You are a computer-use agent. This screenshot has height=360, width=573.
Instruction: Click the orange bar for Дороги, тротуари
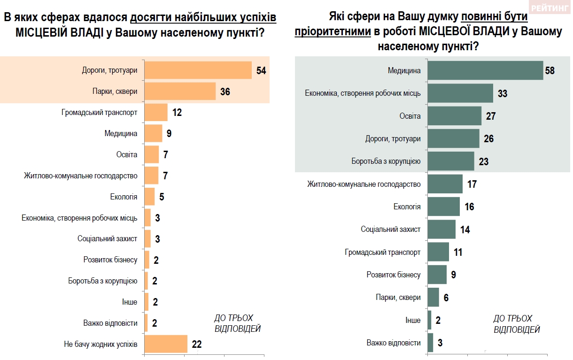[198, 70]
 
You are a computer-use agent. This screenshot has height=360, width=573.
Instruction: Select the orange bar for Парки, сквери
[180, 92]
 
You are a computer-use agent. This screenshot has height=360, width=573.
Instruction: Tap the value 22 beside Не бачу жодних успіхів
[196, 344]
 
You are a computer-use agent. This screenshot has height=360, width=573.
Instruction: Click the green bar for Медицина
[486, 70]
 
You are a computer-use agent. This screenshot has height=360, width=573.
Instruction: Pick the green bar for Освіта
[455, 116]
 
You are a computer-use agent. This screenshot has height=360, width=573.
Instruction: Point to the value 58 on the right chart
[550, 71]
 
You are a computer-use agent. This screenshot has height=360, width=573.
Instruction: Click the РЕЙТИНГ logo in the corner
[550, 8]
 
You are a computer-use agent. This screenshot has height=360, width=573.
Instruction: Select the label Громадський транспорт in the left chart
[99, 113]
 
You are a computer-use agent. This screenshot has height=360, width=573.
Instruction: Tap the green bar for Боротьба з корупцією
[451, 161]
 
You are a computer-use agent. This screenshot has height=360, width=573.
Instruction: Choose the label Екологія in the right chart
[407, 207]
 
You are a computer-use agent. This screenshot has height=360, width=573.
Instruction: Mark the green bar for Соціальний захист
[441, 230]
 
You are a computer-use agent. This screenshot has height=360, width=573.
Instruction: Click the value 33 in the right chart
[503, 93]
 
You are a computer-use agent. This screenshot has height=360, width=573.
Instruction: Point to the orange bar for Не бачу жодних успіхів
[166, 344]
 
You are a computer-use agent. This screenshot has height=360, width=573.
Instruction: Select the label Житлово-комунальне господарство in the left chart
[80, 176]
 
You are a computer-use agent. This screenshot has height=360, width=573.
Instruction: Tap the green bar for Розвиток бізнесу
[437, 275]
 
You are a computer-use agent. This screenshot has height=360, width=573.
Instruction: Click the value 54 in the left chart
[261, 71]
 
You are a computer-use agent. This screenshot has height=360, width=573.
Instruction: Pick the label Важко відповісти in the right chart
[394, 343]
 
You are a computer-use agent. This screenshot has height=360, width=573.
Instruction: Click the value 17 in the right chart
[472, 184]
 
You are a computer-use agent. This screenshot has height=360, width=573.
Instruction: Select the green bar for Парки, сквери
[434, 297]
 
